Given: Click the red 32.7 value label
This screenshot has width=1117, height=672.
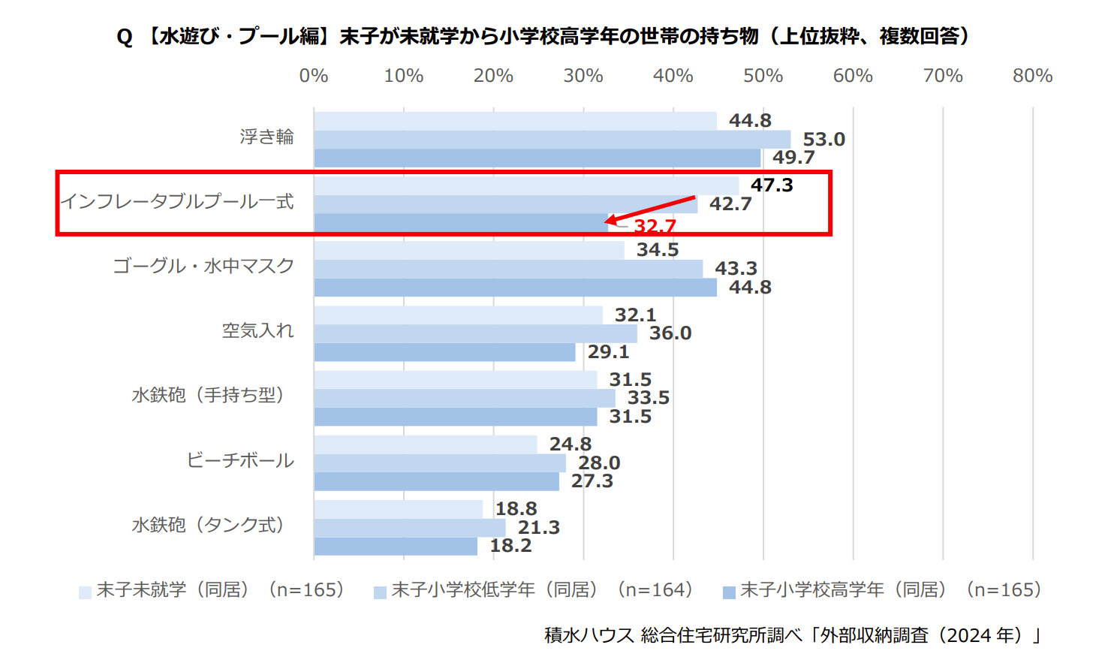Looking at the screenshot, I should (655, 225).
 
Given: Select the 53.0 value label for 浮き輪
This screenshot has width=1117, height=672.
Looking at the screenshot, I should (823, 139).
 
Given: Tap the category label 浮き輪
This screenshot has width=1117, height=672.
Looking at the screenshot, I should (266, 137).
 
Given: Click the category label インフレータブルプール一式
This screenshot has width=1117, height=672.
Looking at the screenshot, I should (177, 201).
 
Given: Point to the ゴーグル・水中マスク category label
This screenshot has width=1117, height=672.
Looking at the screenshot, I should (203, 266).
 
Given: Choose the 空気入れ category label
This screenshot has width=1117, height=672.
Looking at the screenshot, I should (257, 330).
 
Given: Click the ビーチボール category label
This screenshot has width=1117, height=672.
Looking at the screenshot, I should (240, 460).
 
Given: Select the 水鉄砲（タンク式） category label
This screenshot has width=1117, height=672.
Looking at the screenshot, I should (208, 525).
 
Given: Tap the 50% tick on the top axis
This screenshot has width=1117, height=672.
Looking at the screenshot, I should (763, 76).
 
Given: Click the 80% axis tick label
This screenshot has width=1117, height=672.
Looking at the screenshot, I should (1032, 76).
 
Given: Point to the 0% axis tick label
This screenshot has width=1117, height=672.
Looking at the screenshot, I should (314, 76).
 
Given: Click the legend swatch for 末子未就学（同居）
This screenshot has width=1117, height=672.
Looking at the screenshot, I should (86, 592).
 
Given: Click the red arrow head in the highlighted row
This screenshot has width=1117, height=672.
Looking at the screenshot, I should (610, 220).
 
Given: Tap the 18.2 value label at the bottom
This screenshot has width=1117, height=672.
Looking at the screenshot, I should (510, 546).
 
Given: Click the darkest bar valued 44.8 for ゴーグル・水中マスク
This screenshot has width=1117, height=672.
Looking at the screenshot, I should (515, 288).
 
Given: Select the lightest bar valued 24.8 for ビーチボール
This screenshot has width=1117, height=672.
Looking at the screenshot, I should (425, 444).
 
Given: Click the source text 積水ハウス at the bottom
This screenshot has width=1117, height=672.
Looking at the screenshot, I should (589, 635).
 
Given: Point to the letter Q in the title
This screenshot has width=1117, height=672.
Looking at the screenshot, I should (125, 37).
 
